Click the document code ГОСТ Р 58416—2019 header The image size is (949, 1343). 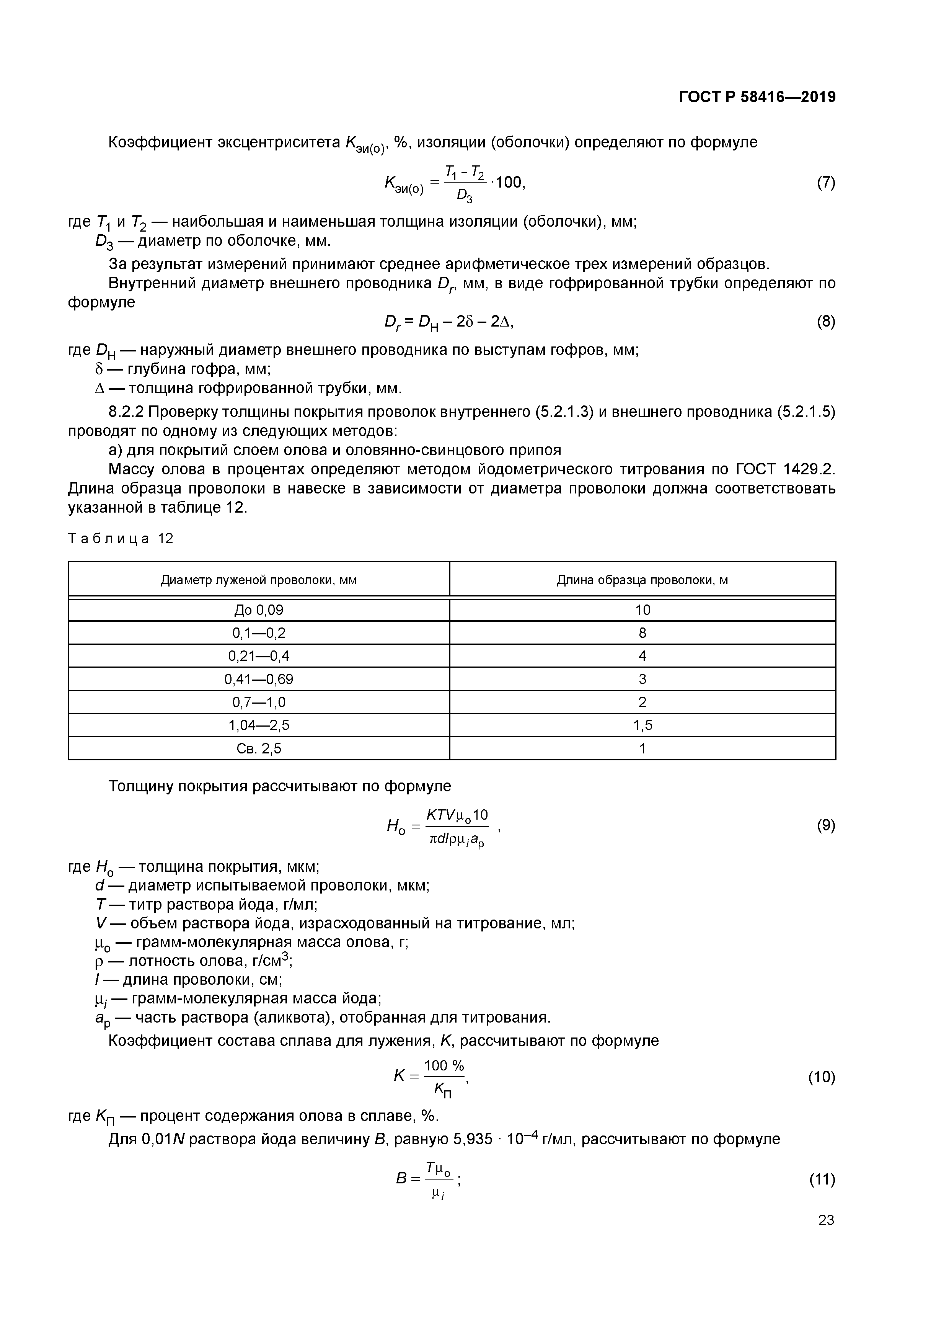[x=757, y=97]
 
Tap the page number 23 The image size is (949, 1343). [x=826, y=1220]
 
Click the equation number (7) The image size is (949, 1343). [x=826, y=183]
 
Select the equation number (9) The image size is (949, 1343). [x=826, y=825]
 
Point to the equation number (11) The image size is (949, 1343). [x=822, y=1179]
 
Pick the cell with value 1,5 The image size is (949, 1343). [x=642, y=725]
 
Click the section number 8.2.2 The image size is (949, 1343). [x=126, y=412]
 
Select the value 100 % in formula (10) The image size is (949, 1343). [x=444, y=1066]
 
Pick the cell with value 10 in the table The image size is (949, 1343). [x=642, y=610]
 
